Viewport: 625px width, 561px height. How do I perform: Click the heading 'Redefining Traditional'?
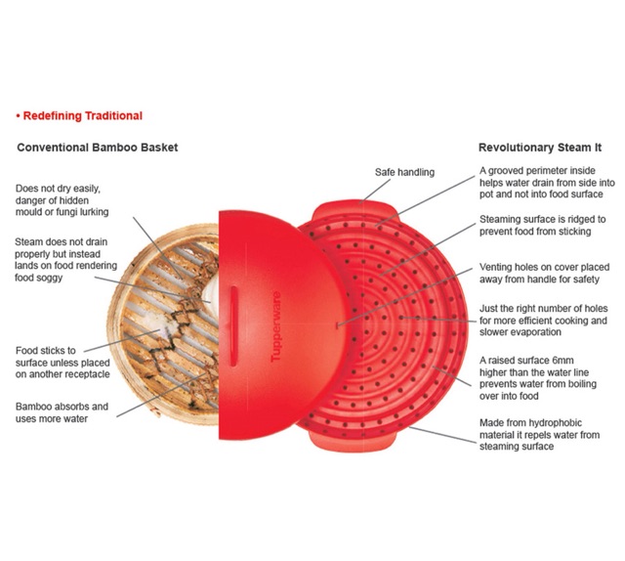[x=82, y=115]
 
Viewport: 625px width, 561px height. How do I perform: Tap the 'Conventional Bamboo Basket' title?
[x=98, y=148]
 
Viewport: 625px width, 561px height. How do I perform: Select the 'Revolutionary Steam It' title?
[x=540, y=148]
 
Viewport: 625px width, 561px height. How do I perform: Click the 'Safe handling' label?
[x=404, y=173]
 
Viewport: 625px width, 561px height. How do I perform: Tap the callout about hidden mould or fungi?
[x=63, y=199]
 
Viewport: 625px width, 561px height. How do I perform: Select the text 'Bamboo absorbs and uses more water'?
[x=62, y=412]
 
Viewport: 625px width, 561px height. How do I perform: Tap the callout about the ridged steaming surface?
[x=542, y=226]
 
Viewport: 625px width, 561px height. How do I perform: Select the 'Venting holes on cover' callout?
[x=542, y=273]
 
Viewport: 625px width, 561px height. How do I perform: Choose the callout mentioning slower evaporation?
[x=543, y=321]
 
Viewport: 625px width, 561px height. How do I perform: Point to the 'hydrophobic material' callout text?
[x=540, y=435]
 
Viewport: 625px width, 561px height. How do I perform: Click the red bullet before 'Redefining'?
[x=18, y=115]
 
